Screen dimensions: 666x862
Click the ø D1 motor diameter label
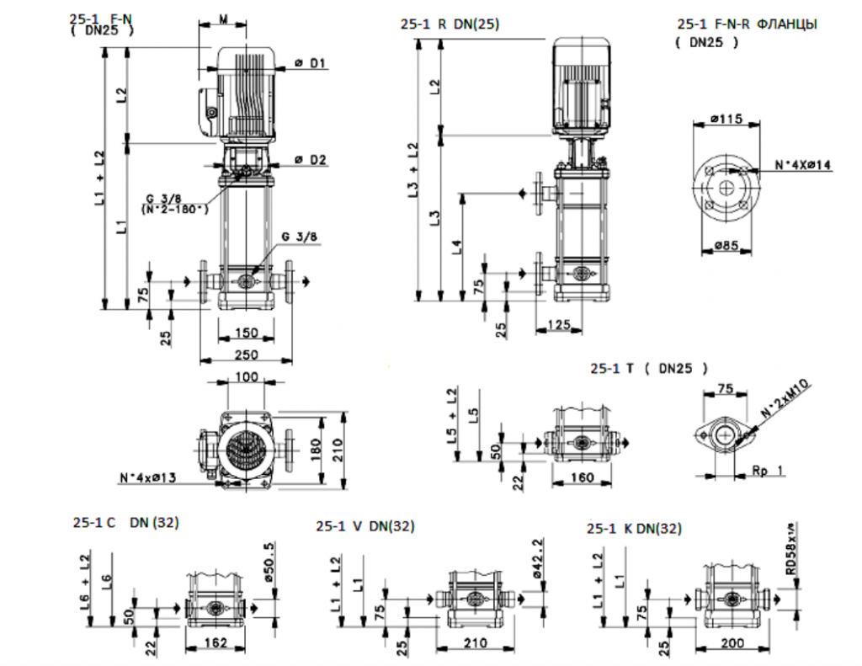310,64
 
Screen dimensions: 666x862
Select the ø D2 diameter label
310,158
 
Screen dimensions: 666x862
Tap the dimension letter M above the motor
222,19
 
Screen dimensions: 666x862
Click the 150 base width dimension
245,331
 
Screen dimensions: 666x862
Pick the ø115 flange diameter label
726,120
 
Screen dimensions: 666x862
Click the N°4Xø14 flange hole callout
802,166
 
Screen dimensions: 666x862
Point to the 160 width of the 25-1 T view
580,477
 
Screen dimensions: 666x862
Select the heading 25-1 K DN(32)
634,528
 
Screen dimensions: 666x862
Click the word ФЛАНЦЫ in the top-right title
787,24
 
